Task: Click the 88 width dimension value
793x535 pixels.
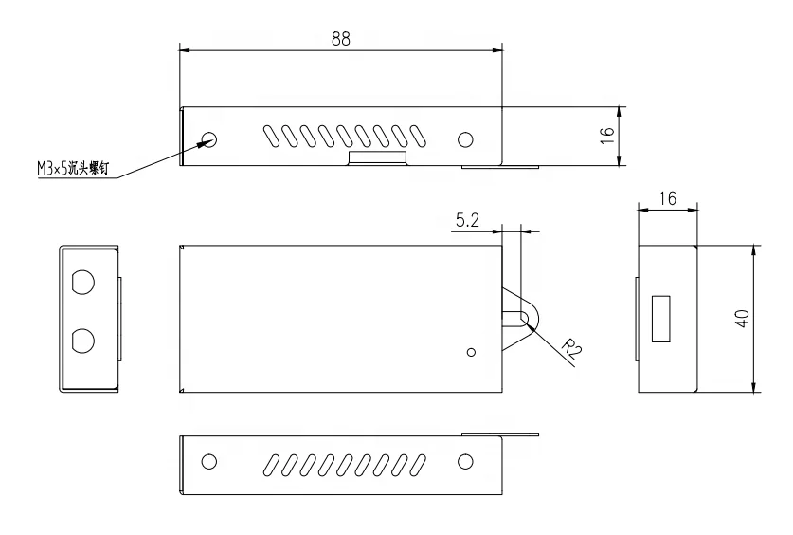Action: [x=339, y=39]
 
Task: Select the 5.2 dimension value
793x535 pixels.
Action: [x=467, y=220]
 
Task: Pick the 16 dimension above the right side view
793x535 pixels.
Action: [x=668, y=198]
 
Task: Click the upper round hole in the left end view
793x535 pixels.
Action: [x=82, y=283]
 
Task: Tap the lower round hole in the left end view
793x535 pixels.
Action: [x=82, y=340]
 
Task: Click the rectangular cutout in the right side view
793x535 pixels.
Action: [x=661, y=318]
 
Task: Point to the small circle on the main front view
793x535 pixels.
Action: [x=472, y=352]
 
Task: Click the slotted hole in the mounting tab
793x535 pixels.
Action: [x=518, y=316]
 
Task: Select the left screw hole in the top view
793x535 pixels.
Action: [x=209, y=139]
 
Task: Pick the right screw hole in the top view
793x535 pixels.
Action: [x=465, y=139]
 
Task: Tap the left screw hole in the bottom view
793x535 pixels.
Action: [x=209, y=461]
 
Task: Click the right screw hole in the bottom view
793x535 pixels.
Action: [x=465, y=461]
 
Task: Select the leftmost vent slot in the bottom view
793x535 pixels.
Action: [x=272, y=462]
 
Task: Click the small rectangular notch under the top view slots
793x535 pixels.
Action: [x=377, y=157]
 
